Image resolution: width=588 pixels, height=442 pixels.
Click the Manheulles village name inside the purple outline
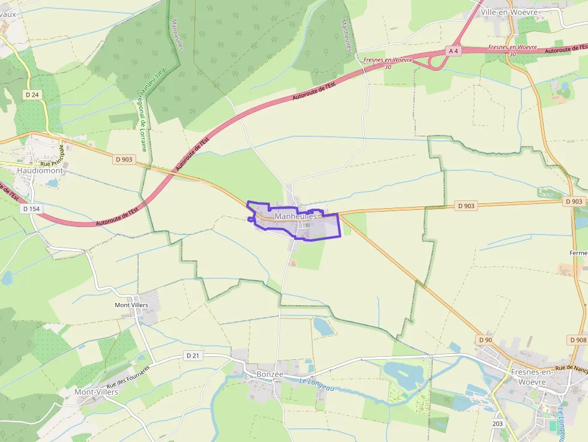click(x=295, y=216)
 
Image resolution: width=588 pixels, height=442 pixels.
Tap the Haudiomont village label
click(x=40, y=170)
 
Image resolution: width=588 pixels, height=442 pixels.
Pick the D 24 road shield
click(x=32, y=95)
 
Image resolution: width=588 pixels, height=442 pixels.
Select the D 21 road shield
click(x=193, y=356)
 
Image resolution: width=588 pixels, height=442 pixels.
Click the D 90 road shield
click(x=485, y=340)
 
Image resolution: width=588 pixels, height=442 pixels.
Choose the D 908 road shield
click(x=578, y=340)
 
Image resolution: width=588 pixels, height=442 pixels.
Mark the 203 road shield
click(x=497, y=424)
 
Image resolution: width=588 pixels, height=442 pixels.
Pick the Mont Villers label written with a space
click(x=131, y=305)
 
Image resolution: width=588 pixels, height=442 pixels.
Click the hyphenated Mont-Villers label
click(x=96, y=392)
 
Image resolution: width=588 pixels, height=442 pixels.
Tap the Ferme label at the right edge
click(x=579, y=253)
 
